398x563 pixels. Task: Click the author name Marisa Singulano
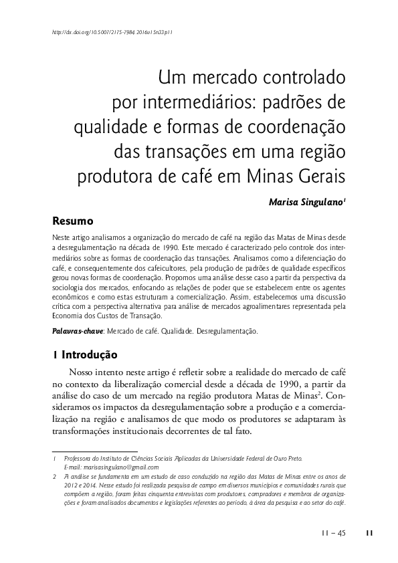[306, 201]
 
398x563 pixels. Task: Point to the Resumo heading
[72, 220]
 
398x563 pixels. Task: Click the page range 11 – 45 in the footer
[332, 533]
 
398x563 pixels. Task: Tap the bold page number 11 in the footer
[369, 533]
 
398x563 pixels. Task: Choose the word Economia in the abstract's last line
[68, 316]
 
